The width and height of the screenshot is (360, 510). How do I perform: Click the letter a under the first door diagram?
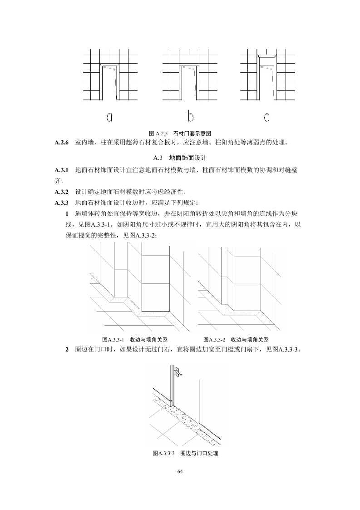(x=109, y=118)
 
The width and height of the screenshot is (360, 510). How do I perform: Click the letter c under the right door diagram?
(x=266, y=118)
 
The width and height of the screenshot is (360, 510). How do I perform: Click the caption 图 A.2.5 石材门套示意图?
(x=180, y=134)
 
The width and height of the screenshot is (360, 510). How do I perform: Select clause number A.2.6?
(x=61, y=143)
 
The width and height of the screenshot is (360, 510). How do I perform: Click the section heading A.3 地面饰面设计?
(x=180, y=158)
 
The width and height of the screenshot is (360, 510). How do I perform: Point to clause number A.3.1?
(x=61, y=170)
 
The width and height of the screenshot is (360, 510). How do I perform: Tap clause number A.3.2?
(x=61, y=192)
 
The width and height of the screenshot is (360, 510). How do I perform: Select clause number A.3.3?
(x=61, y=203)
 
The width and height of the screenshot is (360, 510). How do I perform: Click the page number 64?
(x=180, y=472)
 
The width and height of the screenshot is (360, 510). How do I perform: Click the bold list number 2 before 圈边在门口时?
(x=67, y=350)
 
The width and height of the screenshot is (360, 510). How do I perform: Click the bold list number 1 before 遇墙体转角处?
(x=67, y=213)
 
